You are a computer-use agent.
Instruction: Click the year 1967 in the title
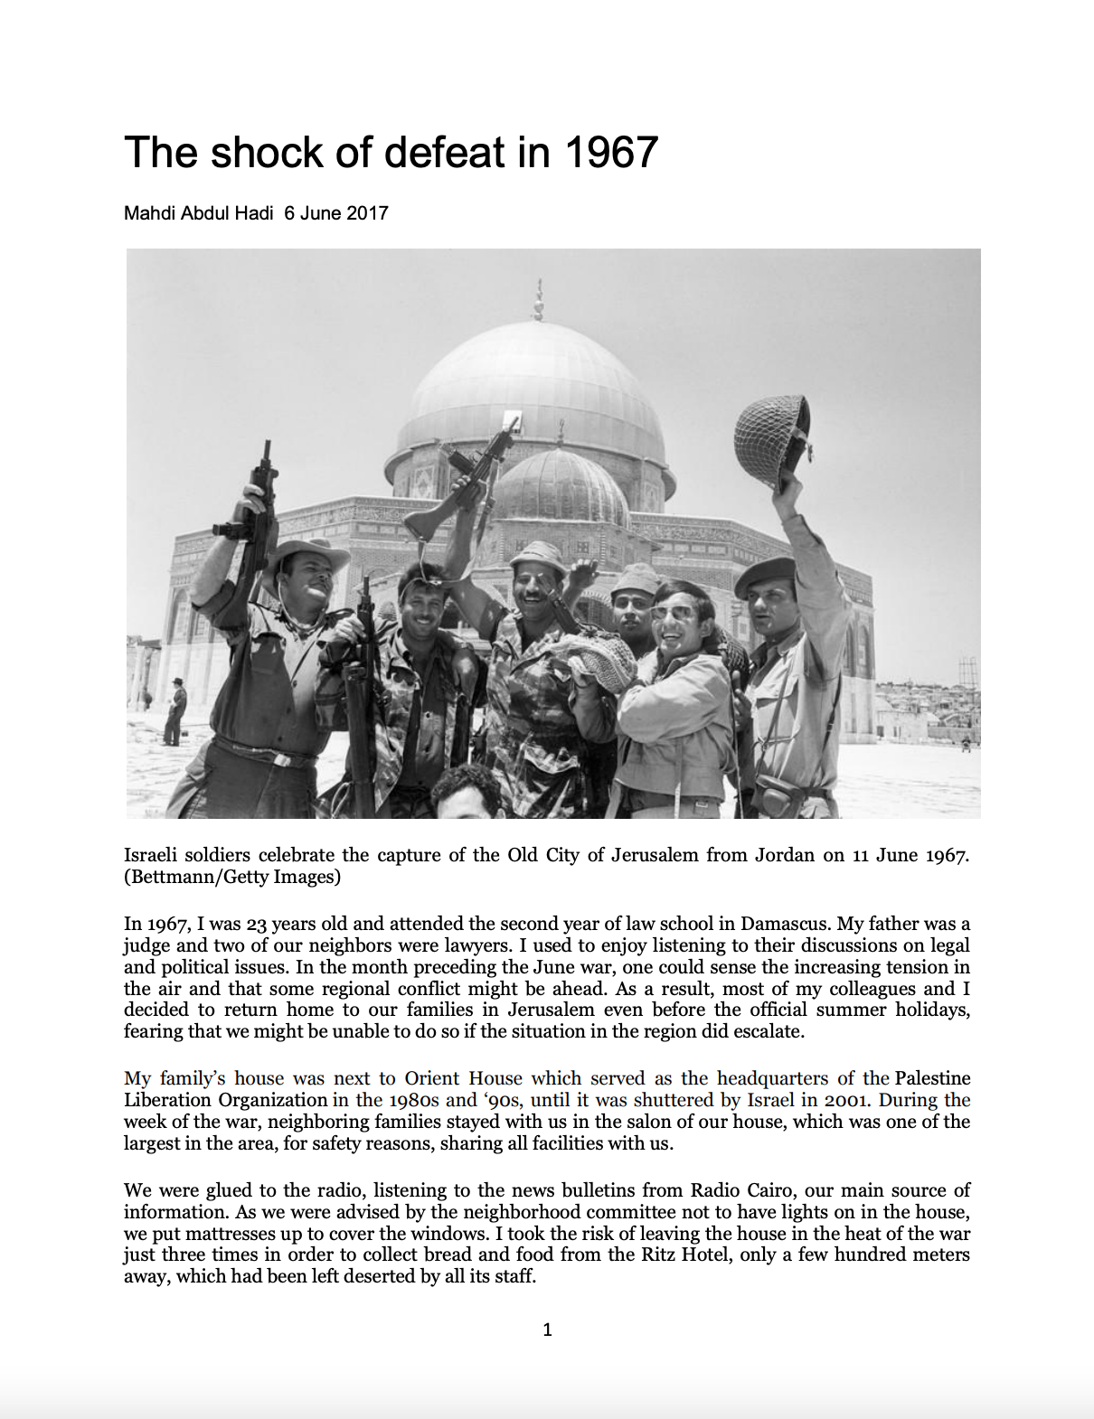(x=611, y=152)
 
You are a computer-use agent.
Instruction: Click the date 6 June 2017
(x=336, y=213)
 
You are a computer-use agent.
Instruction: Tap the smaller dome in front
(x=561, y=488)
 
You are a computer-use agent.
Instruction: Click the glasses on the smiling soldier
(x=673, y=613)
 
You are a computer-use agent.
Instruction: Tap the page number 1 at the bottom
(x=547, y=1330)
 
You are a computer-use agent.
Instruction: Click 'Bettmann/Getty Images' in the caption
(x=232, y=876)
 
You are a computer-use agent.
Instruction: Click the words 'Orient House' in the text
(x=463, y=1078)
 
